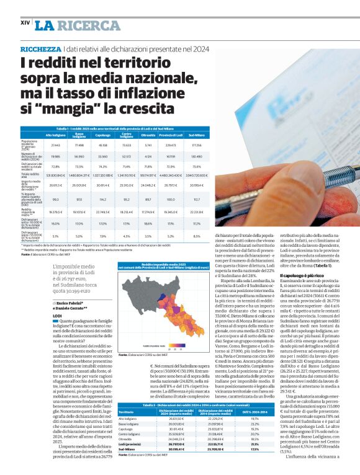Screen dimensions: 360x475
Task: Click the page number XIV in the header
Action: [25, 22]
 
